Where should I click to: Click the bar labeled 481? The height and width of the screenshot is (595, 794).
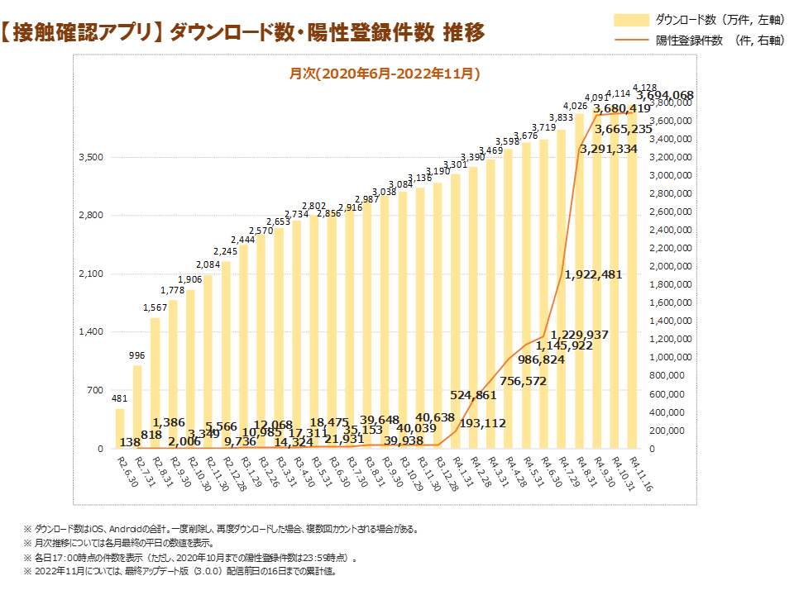120,429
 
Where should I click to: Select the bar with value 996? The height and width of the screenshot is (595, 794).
137,407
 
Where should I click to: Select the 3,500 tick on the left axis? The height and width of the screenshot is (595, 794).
92,157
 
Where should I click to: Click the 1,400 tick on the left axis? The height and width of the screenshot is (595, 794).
92,332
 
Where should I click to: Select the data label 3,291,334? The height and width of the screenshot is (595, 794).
608,150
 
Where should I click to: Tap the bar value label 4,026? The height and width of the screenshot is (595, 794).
575,106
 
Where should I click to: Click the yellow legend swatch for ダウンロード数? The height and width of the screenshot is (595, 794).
631,19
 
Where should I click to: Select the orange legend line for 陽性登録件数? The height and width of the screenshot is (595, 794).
631,39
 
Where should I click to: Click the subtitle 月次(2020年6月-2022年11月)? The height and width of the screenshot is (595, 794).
385,74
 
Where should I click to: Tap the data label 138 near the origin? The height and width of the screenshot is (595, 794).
130,443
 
